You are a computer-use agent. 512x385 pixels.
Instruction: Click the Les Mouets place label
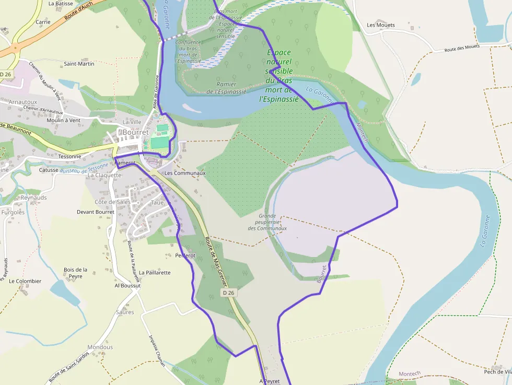[381, 25]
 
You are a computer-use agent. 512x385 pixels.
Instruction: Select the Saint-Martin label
[79, 64]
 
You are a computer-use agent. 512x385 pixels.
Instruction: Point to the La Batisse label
[61, 3]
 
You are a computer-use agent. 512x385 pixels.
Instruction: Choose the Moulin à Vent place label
[63, 120]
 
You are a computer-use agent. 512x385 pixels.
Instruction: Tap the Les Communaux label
[185, 173]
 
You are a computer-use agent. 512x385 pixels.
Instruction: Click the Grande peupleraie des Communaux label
[267, 222]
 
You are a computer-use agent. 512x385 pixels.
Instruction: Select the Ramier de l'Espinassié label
[226, 88]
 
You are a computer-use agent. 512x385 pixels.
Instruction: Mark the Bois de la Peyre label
[75, 273]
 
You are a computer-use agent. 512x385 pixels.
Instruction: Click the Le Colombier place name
[25, 281]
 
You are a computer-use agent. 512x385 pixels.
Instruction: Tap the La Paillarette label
[155, 273]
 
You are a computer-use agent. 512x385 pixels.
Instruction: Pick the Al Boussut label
[127, 286]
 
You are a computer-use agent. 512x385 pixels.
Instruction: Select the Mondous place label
[100, 347]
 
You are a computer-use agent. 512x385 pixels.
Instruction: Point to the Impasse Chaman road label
[157, 351]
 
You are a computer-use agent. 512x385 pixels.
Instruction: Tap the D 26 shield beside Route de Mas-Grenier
[229, 293]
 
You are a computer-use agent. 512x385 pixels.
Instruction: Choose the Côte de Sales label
[112, 202]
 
